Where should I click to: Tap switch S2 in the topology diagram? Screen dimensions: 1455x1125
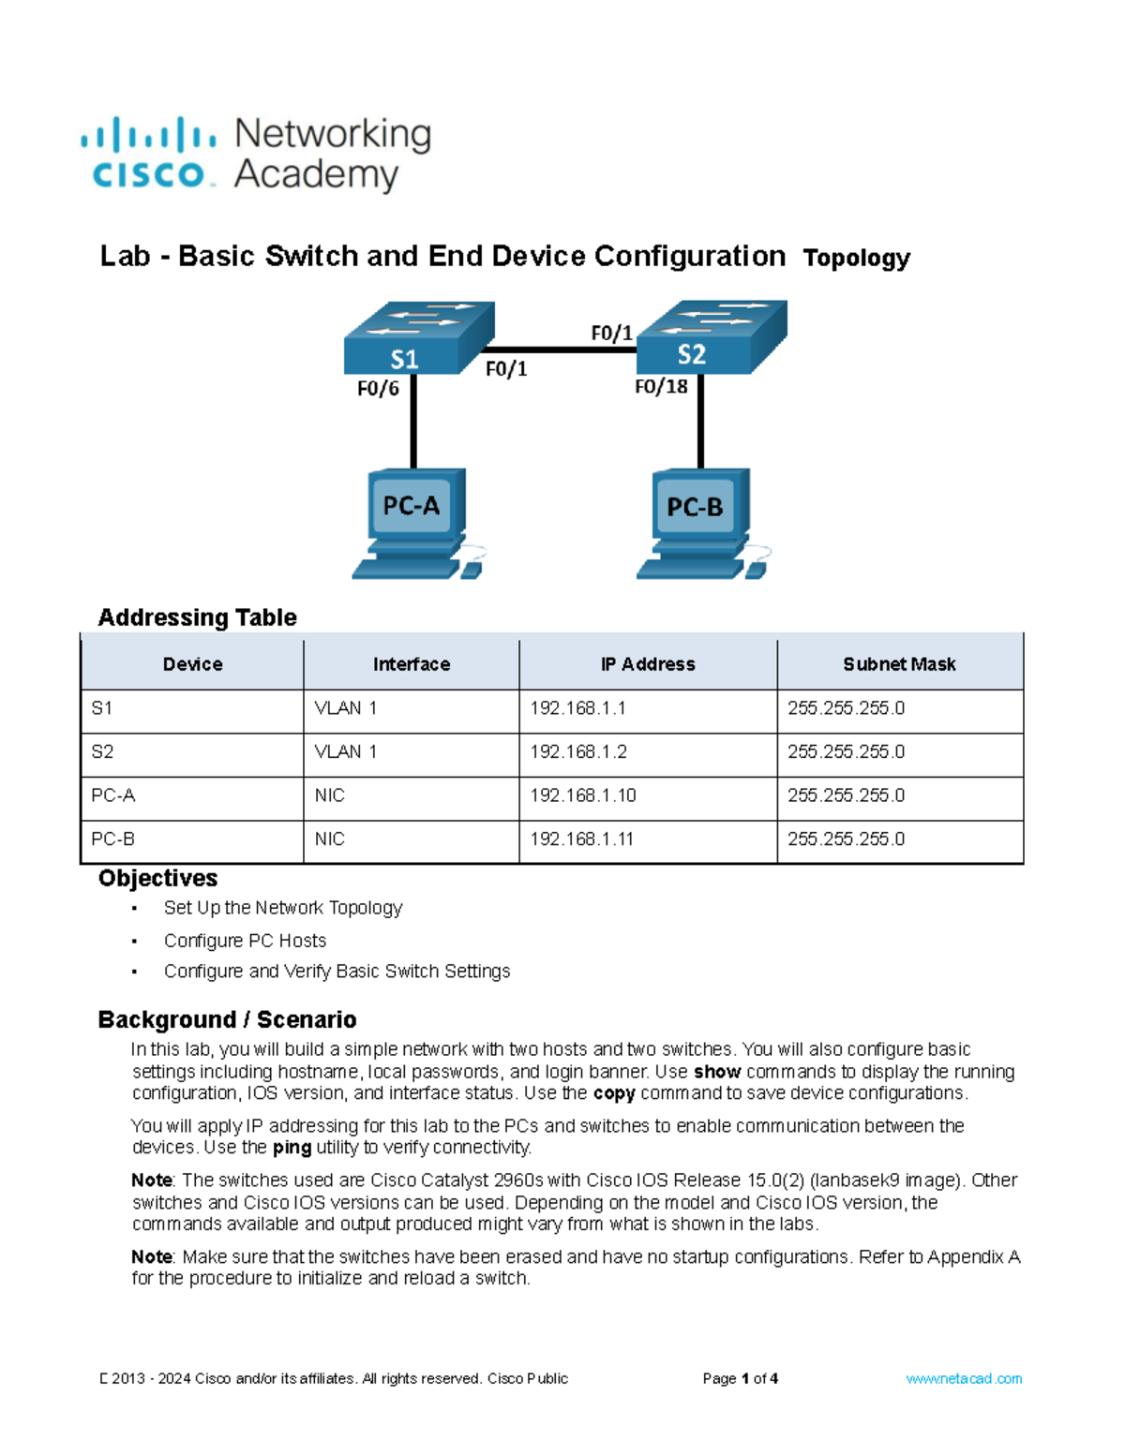click(711, 337)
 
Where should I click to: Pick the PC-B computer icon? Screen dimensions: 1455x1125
click(697, 524)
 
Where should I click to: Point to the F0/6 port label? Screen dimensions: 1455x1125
click(378, 388)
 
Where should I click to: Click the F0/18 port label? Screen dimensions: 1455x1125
click(661, 387)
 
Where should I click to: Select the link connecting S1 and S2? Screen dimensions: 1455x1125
click(562, 350)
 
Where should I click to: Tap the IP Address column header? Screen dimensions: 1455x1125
click(648, 664)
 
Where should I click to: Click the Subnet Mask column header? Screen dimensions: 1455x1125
click(899, 664)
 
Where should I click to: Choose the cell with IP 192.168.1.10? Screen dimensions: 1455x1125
click(582, 795)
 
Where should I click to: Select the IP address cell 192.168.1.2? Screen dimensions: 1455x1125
click(578, 751)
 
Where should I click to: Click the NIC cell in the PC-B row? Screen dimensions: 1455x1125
click(330, 839)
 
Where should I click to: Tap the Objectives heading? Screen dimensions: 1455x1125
click(157, 878)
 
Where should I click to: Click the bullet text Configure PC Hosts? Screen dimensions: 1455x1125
click(245, 941)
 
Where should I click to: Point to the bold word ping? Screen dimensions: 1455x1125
click(292, 1148)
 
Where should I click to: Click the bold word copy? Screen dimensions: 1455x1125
click(614, 1093)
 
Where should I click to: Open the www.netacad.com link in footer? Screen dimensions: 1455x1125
click(964, 1379)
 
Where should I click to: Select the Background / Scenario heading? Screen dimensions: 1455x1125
click(227, 1019)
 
